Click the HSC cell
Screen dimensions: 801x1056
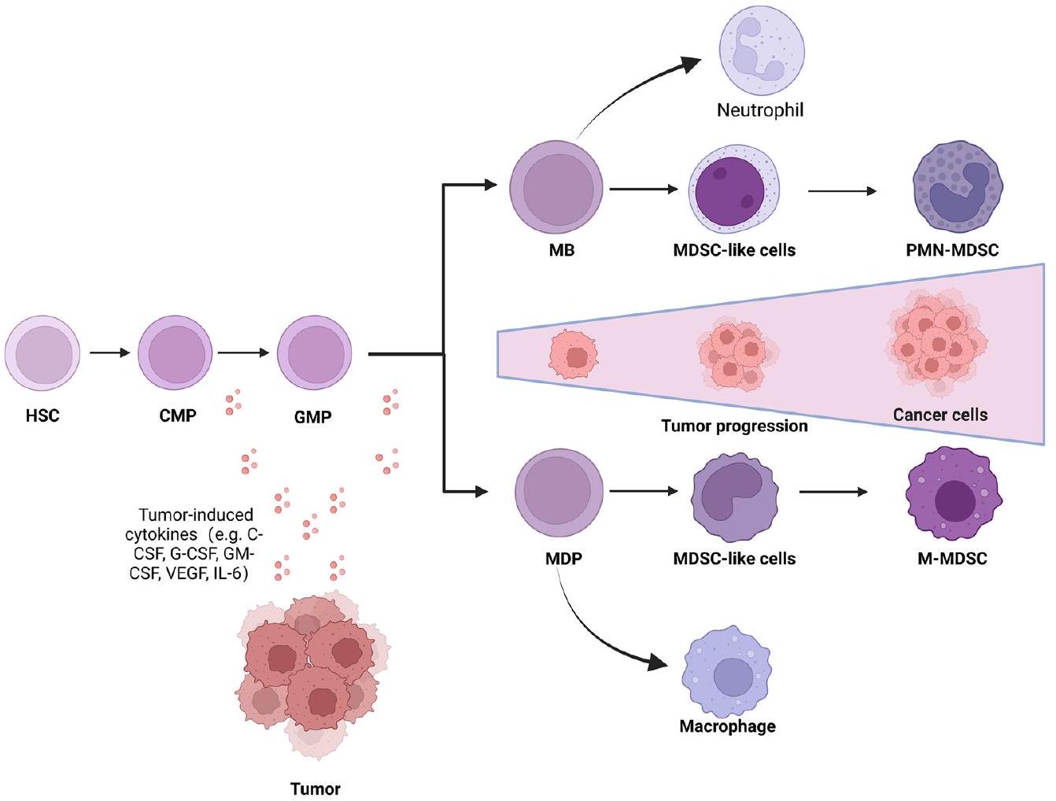(x=42, y=353)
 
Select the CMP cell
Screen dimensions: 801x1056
(x=175, y=353)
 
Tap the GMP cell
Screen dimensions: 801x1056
(x=314, y=353)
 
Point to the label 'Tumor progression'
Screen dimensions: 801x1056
(x=734, y=426)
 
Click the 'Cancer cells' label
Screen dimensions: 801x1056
(x=940, y=414)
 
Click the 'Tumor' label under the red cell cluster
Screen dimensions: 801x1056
(x=316, y=788)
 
